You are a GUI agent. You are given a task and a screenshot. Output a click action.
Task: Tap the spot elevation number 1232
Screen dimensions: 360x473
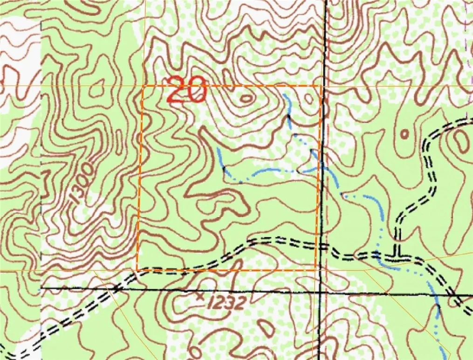coord(227,303)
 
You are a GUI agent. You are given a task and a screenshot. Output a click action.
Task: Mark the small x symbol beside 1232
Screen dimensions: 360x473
coord(201,296)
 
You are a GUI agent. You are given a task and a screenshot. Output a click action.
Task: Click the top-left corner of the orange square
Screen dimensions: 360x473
coord(142,86)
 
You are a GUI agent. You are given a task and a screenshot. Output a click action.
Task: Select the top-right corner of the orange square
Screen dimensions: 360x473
coord(320,86)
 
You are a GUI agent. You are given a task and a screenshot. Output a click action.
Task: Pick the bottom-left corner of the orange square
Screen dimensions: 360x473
coord(137,269)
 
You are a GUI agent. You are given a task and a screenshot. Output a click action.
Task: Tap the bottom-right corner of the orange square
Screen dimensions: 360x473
coord(316,269)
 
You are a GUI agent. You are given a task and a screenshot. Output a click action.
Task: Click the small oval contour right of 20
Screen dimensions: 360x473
coord(246,98)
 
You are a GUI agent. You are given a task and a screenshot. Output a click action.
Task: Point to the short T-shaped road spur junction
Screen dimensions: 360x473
coord(398,254)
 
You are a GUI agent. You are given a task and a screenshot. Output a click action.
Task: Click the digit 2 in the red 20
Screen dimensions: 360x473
coord(177,90)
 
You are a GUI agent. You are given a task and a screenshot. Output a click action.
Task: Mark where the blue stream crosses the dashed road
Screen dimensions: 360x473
coord(379,255)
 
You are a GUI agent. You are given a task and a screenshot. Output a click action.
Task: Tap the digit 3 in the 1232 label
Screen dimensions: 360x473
coord(230,303)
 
